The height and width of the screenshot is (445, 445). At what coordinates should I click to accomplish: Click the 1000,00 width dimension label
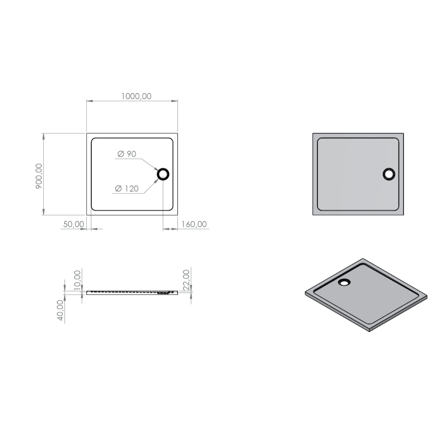point(136,96)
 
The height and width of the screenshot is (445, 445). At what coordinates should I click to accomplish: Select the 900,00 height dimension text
point(39,176)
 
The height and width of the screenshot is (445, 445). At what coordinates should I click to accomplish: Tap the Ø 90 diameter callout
point(127,154)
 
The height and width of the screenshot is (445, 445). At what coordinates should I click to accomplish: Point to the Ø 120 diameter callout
point(127,188)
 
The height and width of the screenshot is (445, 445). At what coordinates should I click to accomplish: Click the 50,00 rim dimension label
point(74,224)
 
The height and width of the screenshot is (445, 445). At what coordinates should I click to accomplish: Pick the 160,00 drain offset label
point(194,224)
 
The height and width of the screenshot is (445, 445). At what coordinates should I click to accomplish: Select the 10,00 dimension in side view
point(77,280)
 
